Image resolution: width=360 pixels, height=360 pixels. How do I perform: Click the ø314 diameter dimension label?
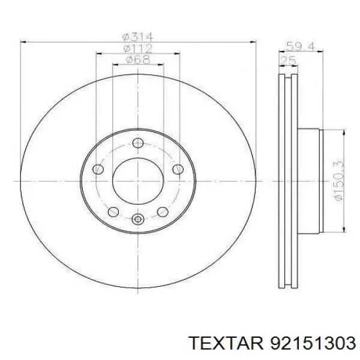pos(137,37)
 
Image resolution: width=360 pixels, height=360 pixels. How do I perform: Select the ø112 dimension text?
pos(138,49)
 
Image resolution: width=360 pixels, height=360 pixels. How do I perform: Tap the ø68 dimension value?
pos(138,59)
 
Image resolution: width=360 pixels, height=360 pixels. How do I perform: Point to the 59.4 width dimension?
pos(301,47)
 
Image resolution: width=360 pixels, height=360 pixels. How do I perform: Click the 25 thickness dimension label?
pos(288,61)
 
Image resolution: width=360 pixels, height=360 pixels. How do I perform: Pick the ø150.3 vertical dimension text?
pos(339,180)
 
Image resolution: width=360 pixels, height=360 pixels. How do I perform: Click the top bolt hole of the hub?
pos(138,143)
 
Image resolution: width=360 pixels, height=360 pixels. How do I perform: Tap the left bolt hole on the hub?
pos(98,169)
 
